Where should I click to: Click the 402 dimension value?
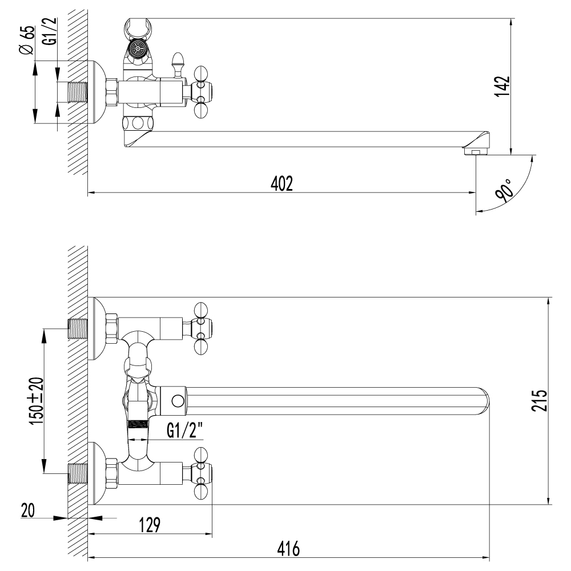coord(282,183)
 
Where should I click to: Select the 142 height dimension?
coord(502,87)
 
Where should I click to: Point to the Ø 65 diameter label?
coord(27,40)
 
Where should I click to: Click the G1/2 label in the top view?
coord(51,31)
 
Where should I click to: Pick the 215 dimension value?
coord(539,401)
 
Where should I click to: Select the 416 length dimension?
coord(288,549)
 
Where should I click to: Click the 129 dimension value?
coord(150,525)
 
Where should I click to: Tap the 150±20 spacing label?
coord(37,401)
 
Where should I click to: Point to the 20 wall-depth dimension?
coord(28,510)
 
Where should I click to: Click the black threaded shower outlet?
coord(138,424)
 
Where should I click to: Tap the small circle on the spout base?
coord(178,401)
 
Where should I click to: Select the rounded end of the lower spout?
coord(484,401)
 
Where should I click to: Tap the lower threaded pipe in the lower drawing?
coord(78,473)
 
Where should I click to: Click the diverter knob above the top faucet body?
coord(178,65)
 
